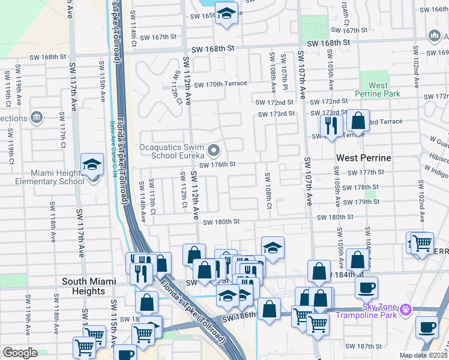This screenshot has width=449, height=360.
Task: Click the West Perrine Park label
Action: pos(377,90)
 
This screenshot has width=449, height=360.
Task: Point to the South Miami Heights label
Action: pos(84,286)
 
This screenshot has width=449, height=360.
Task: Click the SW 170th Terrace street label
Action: pos(220,84)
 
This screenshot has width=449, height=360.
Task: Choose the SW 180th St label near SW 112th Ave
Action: pos(221,222)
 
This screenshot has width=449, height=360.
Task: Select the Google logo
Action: pos(20,353)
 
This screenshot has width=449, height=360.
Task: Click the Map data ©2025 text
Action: pos(423,355)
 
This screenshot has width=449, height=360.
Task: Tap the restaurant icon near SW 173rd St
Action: pos(331,125)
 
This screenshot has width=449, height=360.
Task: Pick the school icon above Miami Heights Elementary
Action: pos(92,164)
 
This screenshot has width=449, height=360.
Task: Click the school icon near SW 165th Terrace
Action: pos(226,13)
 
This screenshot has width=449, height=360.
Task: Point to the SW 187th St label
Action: pos(364,347)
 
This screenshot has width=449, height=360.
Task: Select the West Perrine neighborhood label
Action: pos(363,158)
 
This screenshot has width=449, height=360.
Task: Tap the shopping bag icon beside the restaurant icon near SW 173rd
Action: pos(358,121)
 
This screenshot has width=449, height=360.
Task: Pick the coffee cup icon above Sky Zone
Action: pos(366,286)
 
